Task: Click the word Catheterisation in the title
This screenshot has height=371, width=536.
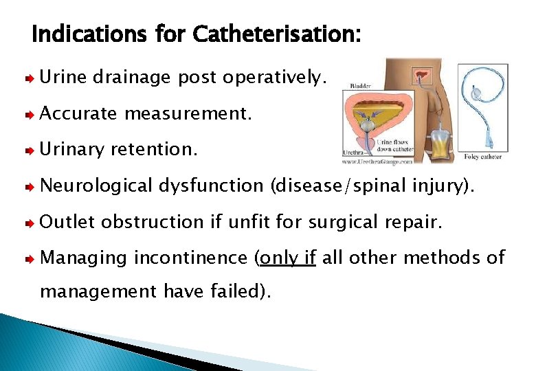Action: [x=276, y=34]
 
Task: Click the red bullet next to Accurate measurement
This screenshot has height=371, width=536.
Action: [x=30, y=115]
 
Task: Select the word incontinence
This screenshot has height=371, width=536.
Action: [x=190, y=258]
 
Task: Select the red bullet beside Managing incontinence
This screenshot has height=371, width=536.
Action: [x=30, y=258]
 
